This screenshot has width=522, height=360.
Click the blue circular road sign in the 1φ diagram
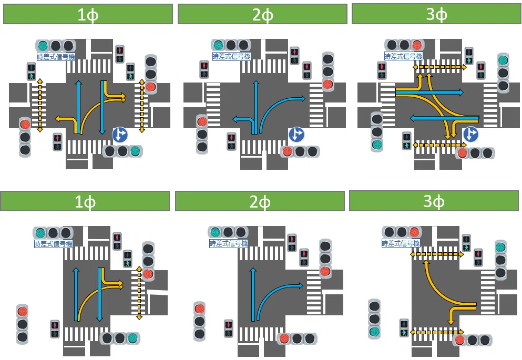tap(120, 135)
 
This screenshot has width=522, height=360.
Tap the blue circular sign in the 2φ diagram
tap(296, 135)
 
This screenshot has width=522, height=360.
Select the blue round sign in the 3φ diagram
tap(470, 135)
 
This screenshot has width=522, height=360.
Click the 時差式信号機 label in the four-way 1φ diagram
tap(56, 57)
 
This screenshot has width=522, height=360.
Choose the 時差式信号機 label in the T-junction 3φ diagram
tap(401, 243)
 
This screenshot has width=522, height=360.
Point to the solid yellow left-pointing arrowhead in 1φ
tap(58, 118)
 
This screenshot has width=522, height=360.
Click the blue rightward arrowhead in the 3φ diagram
tap(460, 92)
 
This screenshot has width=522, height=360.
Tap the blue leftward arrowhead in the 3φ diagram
tap(413, 118)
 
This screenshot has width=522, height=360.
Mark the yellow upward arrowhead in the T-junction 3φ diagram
tap(425, 263)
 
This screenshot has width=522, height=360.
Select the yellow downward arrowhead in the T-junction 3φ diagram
tap(451, 322)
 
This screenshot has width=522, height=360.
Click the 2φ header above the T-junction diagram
tap(260, 201)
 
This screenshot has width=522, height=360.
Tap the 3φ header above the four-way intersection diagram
tap(436, 14)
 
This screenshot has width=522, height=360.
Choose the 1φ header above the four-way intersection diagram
tap(88, 14)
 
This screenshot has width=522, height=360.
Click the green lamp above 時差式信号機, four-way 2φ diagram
tap(218, 45)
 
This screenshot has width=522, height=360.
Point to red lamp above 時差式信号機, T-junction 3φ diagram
tap(414, 232)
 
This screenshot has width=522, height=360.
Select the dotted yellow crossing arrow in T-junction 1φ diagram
tap(139, 293)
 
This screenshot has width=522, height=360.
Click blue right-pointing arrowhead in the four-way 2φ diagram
tap(302, 98)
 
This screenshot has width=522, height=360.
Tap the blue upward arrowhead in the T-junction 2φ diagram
tap(253, 271)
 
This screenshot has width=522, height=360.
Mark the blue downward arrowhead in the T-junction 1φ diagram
tap(99, 318)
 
